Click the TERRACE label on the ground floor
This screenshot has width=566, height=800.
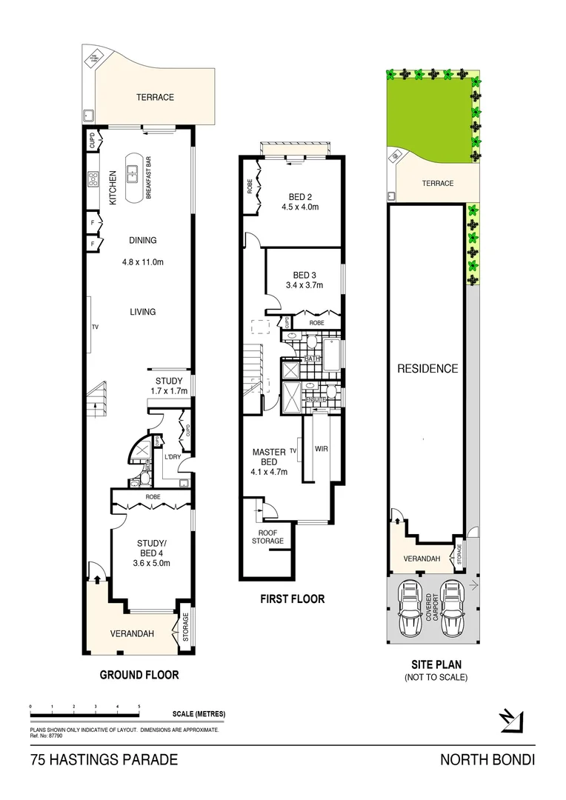(154, 97)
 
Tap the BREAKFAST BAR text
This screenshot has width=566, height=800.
(149, 177)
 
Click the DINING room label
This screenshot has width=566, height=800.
(142, 240)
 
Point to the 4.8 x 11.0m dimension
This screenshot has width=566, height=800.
(142, 261)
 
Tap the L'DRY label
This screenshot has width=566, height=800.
(173, 457)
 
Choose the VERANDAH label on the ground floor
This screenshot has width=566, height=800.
(132, 633)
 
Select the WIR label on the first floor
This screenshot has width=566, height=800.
(321, 449)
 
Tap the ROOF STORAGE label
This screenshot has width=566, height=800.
(270, 536)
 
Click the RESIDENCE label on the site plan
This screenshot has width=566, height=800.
(427, 368)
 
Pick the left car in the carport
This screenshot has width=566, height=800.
(409, 607)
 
